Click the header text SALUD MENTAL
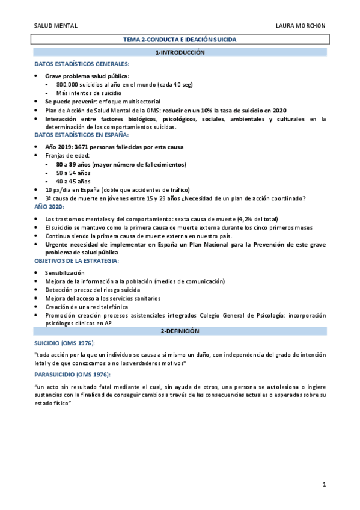(x=56, y=26)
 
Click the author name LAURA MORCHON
(x=301, y=26)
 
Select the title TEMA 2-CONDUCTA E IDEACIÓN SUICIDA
(x=180, y=40)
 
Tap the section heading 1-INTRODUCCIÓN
(x=180, y=53)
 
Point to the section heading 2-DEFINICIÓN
(x=180, y=331)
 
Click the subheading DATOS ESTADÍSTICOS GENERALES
(x=81, y=63)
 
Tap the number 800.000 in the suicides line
(x=69, y=85)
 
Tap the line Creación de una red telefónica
(x=87, y=307)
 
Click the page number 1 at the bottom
(x=324, y=485)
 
